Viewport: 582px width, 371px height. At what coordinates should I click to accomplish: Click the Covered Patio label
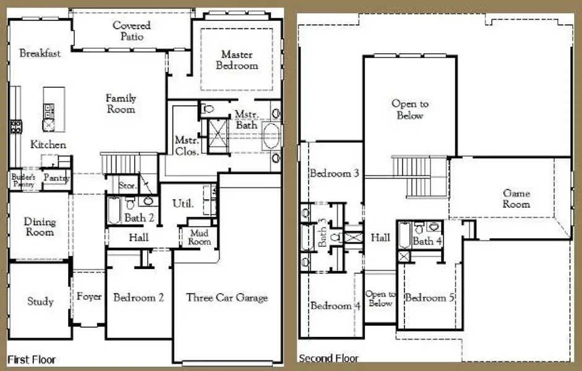[x=131, y=31]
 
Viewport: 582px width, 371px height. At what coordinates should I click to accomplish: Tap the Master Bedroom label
[x=237, y=60]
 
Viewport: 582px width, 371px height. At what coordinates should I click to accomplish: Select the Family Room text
[x=121, y=103]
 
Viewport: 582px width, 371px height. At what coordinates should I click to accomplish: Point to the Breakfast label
[x=40, y=53]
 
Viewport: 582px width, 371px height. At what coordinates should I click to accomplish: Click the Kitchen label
[x=48, y=144]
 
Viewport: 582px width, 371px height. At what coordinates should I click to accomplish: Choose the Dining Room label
[x=40, y=226]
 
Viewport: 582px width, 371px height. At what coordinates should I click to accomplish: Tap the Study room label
[x=40, y=302]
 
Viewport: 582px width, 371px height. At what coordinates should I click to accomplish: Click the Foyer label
[x=89, y=297]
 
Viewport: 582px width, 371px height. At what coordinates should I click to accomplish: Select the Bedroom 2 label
[x=139, y=297]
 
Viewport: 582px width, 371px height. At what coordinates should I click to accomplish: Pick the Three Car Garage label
[x=227, y=297]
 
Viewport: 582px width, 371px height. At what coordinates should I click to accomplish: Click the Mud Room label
[x=199, y=237]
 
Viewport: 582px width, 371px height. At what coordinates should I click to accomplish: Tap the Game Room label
[x=516, y=198]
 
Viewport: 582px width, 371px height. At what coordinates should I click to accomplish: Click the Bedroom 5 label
[x=430, y=298]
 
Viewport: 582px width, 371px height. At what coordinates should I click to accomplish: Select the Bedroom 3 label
[x=335, y=173]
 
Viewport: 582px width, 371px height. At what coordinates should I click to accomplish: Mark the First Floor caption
[x=32, y=359]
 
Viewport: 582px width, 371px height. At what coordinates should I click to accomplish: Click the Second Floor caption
[x=328, y=358]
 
